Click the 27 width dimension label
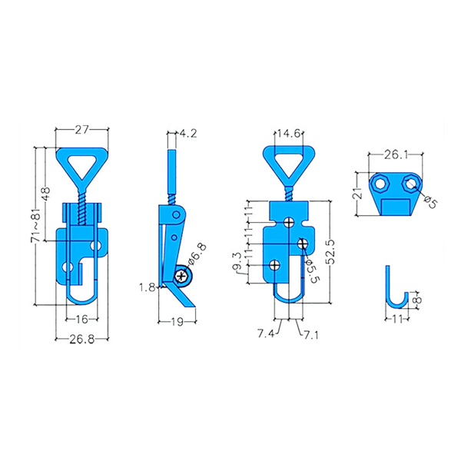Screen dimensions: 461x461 point(81,130)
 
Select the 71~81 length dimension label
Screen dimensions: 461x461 point(35,225)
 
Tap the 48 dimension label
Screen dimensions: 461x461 point(45,194)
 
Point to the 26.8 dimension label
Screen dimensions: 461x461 point(82,340)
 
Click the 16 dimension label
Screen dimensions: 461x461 point(82,319)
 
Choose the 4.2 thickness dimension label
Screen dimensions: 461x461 point(188,134)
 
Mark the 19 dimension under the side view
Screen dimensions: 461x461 point(177,322)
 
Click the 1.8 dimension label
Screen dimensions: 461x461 point(147,287)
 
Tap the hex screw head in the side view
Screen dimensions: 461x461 point(181,277)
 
